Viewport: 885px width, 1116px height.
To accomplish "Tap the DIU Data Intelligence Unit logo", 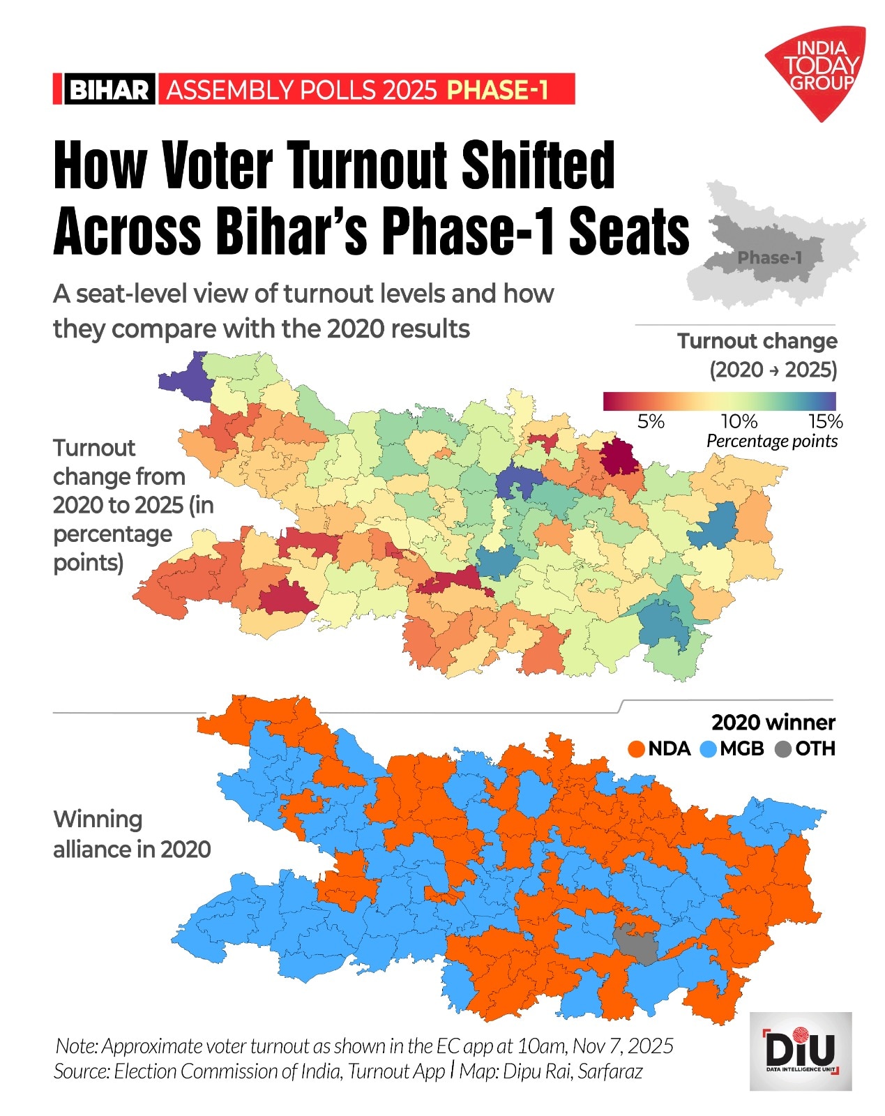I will pos(800,1051).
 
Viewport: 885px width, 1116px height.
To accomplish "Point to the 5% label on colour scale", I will pos(651,421).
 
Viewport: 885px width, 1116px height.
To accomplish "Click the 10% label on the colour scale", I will pos(739,421).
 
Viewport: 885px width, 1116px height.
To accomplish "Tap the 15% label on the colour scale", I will pos(825,421).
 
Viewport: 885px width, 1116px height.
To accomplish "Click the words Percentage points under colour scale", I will pos(771,441).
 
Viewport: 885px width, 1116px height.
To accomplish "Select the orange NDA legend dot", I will pos(636,749).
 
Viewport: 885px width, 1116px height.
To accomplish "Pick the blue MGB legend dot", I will pos(709,749).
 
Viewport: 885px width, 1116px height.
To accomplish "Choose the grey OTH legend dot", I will pos(783,749).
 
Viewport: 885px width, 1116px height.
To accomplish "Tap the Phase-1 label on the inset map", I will pos(769,258).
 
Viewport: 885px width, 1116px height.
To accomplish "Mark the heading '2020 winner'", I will pos(773,722).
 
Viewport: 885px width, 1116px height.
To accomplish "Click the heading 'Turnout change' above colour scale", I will pos(757,341).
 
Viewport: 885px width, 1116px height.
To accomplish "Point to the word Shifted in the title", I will pos(538,166).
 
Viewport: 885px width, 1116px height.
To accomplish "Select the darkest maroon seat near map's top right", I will pos(619,458).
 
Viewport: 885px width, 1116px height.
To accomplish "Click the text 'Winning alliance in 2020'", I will pos(131,834).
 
